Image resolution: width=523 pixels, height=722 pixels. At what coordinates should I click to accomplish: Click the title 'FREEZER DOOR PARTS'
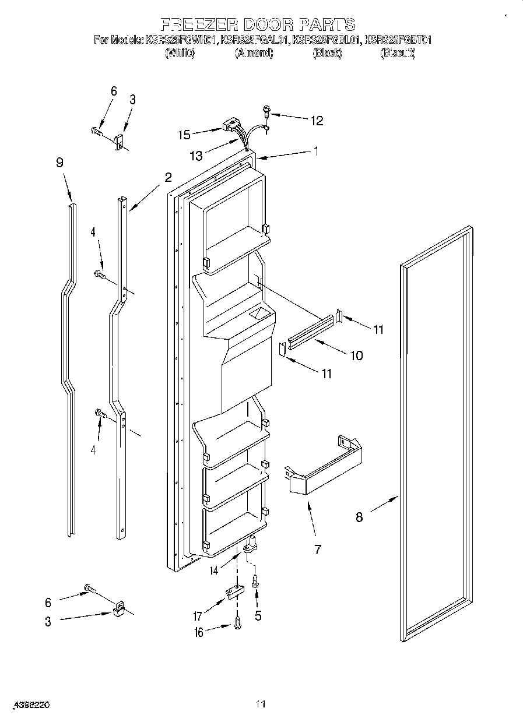[258, 24]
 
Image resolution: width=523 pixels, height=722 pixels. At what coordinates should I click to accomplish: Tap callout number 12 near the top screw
[316, 121]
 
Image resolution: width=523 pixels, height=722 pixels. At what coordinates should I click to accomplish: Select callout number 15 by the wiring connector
[185, 135]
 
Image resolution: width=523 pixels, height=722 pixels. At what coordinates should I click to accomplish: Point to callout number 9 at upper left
[59, 163]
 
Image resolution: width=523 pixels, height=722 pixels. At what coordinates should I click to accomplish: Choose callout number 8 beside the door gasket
[359, 516]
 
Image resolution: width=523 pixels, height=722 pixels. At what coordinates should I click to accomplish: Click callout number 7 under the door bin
[317, 548]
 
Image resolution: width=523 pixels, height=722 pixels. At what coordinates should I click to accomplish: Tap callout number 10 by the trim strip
[356, 355]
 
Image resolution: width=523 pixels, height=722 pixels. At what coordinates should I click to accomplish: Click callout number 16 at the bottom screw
[199, 632]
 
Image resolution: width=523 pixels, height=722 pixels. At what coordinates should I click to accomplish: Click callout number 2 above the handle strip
[168, 177]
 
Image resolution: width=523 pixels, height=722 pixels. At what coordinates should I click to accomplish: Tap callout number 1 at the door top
[315, 150]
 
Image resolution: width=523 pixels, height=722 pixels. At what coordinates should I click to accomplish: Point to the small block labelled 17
[233, 592]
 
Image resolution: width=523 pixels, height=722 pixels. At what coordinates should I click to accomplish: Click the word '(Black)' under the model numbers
[327, 53]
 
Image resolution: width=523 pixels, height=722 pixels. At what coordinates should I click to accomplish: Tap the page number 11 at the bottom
[261, 705]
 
